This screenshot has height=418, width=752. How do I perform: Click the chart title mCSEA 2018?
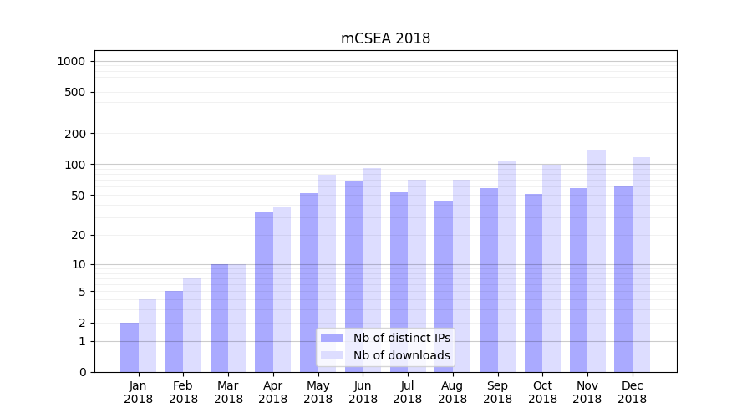385,38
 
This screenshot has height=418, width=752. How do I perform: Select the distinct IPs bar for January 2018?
130,347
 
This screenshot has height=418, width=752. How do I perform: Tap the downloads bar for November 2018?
597,261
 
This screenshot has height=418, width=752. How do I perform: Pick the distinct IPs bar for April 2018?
264,292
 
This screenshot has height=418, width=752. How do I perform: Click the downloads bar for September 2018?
506,267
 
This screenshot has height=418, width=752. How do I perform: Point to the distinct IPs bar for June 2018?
354,277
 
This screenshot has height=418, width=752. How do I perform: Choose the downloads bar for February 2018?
192,325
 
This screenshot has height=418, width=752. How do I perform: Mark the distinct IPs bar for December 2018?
623,279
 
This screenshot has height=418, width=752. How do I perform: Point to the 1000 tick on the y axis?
71,61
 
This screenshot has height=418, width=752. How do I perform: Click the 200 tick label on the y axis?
76,134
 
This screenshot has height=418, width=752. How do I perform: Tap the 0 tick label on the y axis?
83,372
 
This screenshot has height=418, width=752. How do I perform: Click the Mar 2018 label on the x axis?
228,392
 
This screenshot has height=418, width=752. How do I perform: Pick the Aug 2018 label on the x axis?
453,392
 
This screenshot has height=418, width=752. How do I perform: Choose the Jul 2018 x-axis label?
408,392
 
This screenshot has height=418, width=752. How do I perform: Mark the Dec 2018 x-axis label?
633,392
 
